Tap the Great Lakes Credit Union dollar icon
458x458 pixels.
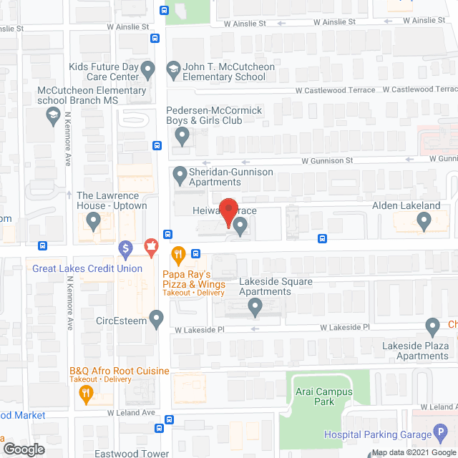(125, 250)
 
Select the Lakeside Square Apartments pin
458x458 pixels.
(255, 308)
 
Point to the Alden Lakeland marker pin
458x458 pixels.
(424, 224)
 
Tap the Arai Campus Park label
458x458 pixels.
(324, 396)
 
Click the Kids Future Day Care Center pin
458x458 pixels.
(148, 70)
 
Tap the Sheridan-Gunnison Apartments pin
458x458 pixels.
(179, 174)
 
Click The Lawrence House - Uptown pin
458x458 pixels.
(93, 223)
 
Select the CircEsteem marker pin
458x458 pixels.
(157, 318)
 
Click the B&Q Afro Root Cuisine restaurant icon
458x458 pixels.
(86, 391)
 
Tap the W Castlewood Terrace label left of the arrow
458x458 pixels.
(336, 90)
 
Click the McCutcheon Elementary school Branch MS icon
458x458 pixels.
(52, 115)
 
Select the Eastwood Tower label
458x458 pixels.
(132, 453)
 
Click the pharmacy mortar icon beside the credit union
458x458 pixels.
(152, 249)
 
